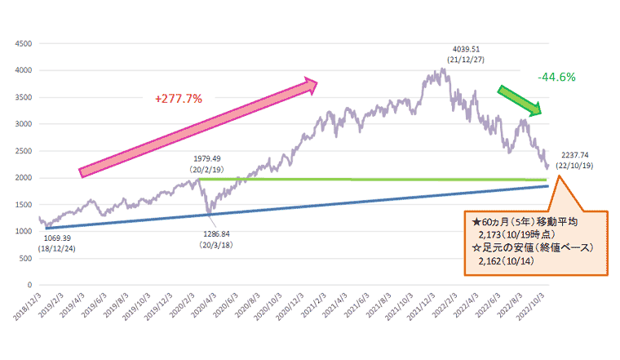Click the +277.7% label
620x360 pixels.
point(179,99)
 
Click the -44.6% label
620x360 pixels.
point(557,77)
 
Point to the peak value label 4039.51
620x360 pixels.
point(472,48)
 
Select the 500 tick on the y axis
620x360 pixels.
point(25,258)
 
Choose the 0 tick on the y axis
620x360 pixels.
point(29,285)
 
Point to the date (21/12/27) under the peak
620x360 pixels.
point(472,60)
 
